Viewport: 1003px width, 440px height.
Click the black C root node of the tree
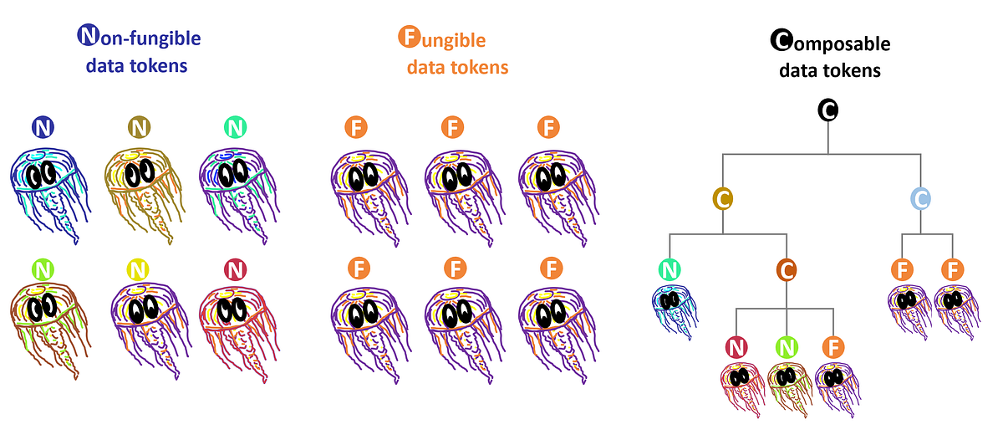[x=827, y=110]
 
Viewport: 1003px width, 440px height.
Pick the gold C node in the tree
[x=723, y=198]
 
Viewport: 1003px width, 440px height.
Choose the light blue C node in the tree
[x=920, y=198]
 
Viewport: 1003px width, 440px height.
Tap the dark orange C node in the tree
[x=786, y=269]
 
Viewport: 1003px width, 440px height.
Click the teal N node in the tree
[x=670, y=269]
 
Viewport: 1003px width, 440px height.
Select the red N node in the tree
[x=736, y=346]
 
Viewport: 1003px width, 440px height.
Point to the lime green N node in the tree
[x=786, y=346]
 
